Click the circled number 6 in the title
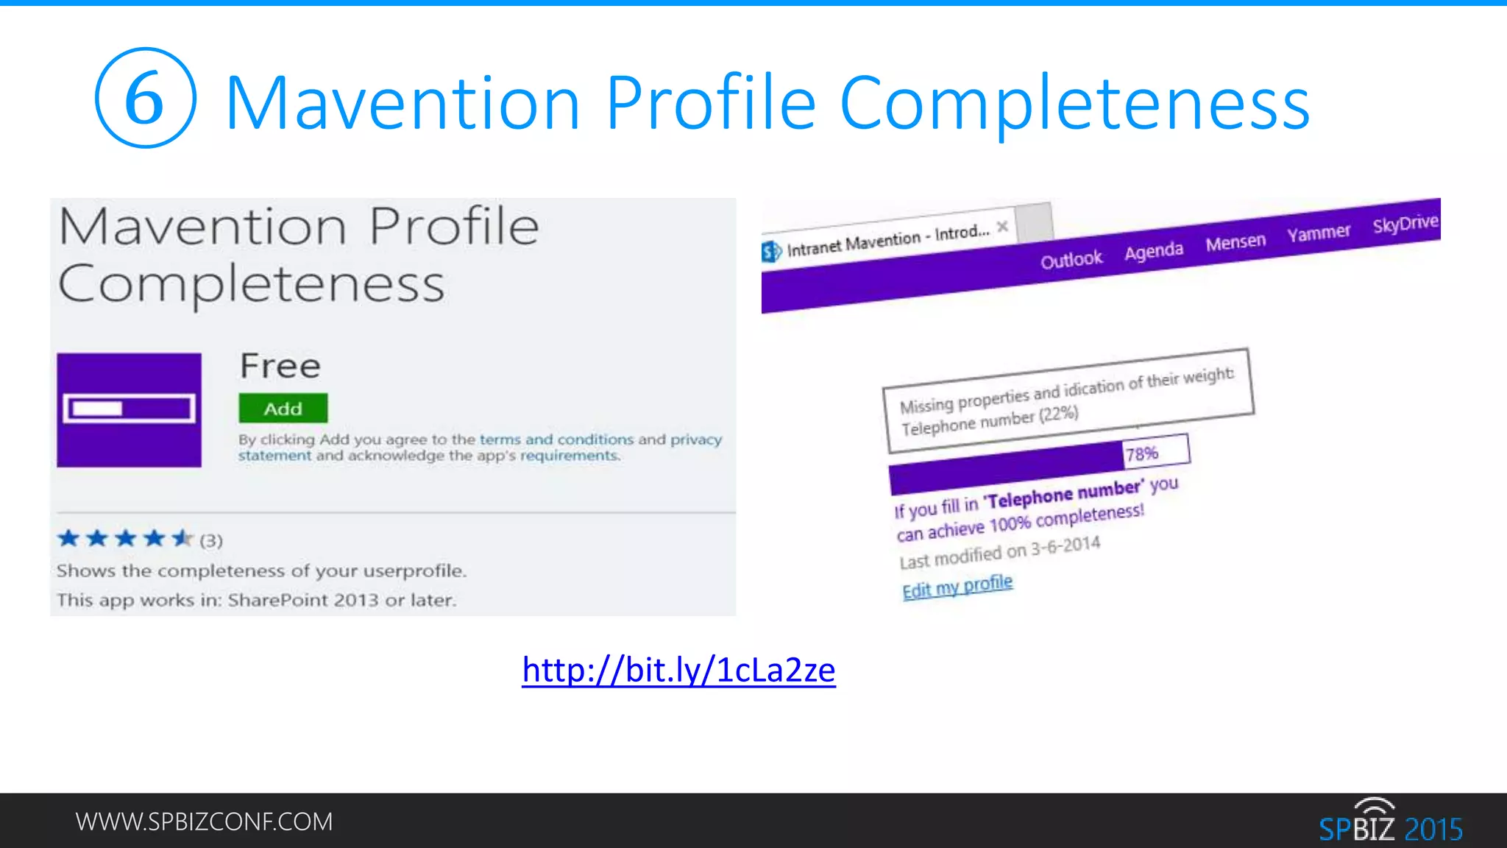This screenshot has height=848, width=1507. pos(145,98)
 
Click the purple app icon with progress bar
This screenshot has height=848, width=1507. pos(129,409)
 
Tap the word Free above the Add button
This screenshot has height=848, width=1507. pos(280,366)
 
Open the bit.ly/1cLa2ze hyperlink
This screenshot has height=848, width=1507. pos(678,670)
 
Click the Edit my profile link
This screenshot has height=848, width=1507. pos(957,587)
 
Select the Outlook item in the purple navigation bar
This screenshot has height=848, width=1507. pos(1071,260)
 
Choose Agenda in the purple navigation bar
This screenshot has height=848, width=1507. pos(1153,252)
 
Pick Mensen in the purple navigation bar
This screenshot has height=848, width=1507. pos(1235,242)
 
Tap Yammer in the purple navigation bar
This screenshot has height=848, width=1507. pos(1319,233)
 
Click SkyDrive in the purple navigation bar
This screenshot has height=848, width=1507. pos(1405,224)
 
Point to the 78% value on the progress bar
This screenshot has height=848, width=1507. pos(1141,454)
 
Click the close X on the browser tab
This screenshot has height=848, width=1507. pos(1002,227)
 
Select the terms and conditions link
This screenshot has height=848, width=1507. pos(556,439)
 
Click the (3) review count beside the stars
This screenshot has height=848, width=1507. pos(211,540)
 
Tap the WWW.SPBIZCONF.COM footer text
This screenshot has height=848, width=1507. pos(204,821)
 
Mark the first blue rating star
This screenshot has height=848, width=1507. pos(68,539)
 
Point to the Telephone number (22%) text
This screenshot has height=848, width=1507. pos(990,421)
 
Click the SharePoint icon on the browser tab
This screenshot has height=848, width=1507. pos(770,252)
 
